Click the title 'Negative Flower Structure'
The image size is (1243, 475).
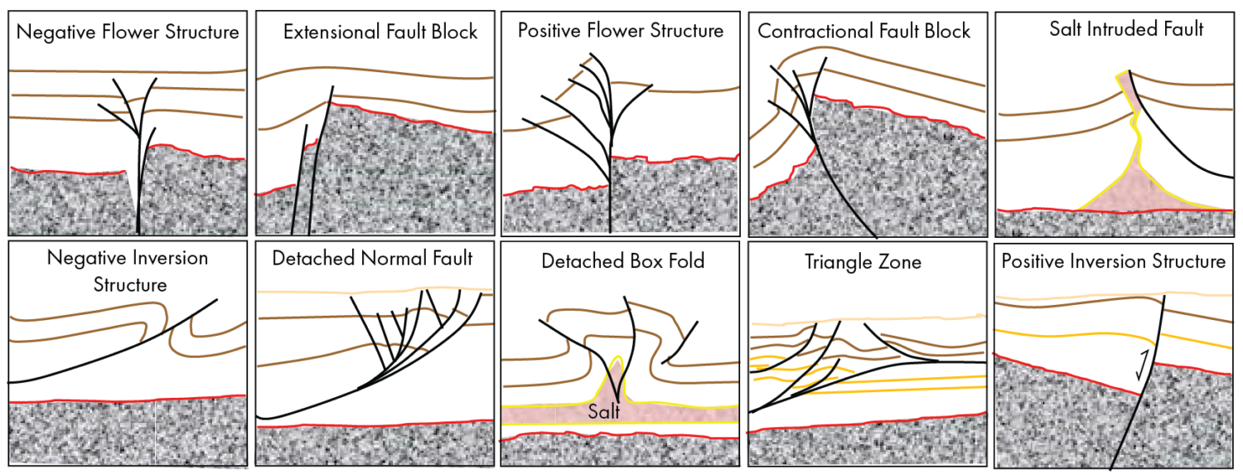(x=128, y=33)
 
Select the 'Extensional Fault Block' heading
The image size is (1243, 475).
(x=380, y=32)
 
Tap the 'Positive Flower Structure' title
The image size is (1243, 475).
(x=621, y=32)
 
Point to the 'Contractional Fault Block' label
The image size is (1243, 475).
(x=864, y=32)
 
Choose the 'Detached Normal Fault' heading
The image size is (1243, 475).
(x=372, y=259)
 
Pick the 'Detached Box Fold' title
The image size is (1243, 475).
(x=622, y=261)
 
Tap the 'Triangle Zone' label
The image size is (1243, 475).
(x=863, y=263)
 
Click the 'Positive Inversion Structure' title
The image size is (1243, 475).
(x=1114, y=262)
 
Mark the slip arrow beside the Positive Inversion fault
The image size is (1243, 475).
(x=1144, y=364)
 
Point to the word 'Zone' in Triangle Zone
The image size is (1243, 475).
(x=901, y=263)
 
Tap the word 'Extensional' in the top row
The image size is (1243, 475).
(x=336, y=32)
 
